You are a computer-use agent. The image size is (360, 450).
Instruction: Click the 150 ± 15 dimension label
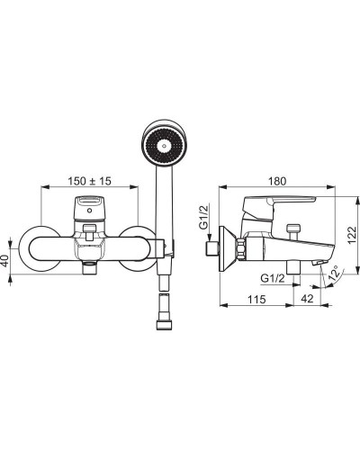[x=89, y=181]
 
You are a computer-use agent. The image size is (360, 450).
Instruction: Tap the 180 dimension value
[x=277, y=181]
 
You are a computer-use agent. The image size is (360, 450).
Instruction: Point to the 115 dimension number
[x=256, y=299]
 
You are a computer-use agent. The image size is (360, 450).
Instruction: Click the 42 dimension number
[x=307, y=299]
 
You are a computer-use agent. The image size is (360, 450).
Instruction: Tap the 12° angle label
[x=336, y=273]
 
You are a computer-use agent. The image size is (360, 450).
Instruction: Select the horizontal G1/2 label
[x=273, y=278]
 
